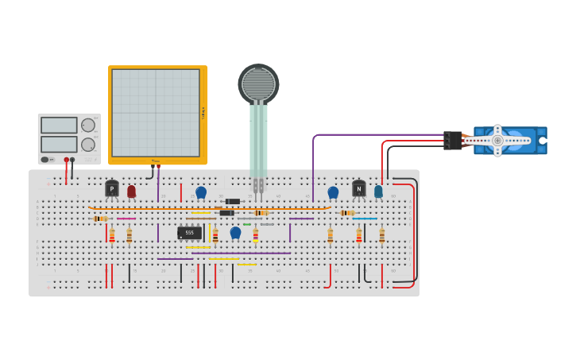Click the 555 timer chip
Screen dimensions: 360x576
(x=189, y=233)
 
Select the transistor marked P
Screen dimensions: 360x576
(x=112, y=188)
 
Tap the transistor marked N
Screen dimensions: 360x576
(x=359, y=188)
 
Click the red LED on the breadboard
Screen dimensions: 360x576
(x=132, y=191)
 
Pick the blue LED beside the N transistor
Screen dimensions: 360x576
(x=378, y=191)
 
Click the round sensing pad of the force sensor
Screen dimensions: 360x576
(x=258, y=83)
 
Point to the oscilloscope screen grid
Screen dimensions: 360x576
(x=156, y=113)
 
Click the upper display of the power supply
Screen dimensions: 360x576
(x=59, y=126)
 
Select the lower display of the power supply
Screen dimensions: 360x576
(x=59, y=144)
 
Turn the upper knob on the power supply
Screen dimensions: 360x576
(x=88, y=125)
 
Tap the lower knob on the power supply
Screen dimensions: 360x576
(x=88, y=145)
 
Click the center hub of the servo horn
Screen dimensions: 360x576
(x=497, y=141)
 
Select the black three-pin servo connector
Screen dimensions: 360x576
(x=452, y=141)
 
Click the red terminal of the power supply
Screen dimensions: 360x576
(x=67, y=160)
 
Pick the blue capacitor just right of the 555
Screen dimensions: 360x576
(x=235, y=232)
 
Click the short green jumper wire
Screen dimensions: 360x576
(x=247, y=224)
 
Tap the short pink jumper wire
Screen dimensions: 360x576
(x=126, y=219)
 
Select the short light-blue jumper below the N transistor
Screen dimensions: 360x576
(x=365, y=219)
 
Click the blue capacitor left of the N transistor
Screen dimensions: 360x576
(x=333, y=192)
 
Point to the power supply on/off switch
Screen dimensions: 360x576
(x=46, y=160)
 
